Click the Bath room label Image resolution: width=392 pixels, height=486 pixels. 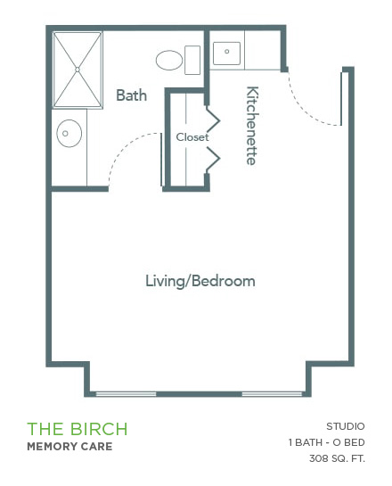[131, 95]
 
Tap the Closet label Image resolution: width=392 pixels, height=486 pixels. [192, 137]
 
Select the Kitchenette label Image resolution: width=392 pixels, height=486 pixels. [252, 126]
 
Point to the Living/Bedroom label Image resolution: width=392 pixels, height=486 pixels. [200, 282]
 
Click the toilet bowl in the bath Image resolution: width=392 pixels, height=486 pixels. [169, 60]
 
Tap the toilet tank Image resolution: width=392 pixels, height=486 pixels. [192, 60]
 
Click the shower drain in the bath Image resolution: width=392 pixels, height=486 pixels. [78, 70]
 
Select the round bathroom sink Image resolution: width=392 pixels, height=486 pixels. [69, 133]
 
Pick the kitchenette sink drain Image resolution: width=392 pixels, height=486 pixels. [227, 52]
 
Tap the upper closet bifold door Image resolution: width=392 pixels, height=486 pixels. [213, 119]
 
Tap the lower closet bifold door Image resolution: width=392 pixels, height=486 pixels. [213, 159]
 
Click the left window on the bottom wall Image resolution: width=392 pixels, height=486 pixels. [126, 394]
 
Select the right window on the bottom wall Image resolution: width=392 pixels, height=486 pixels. [272, 394]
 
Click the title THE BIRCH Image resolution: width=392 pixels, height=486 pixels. [78, 429]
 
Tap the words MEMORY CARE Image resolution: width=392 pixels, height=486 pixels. [69, 447]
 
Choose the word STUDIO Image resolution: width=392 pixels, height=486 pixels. [346, 426]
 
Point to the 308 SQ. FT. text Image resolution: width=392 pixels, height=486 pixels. [337, 458]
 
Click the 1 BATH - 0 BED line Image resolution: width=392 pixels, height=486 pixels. [327, 442]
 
